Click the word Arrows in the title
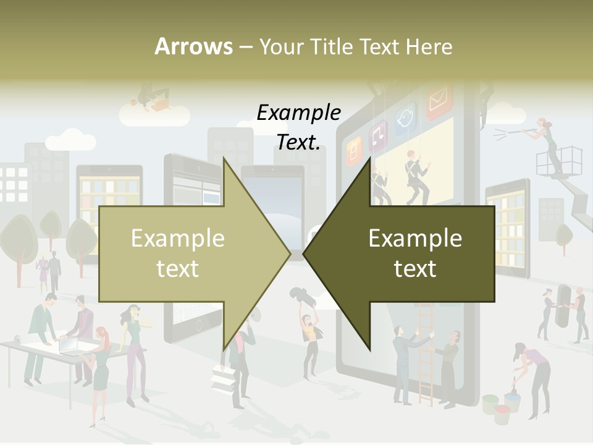click(x=193, y=46)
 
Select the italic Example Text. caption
click(x=299, y=127)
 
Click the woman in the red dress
click(x=101, y=365)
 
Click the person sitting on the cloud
click(x=153, y=99)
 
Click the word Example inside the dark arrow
click(x=415, y=239)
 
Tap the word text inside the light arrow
click(x=178, y=269)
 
